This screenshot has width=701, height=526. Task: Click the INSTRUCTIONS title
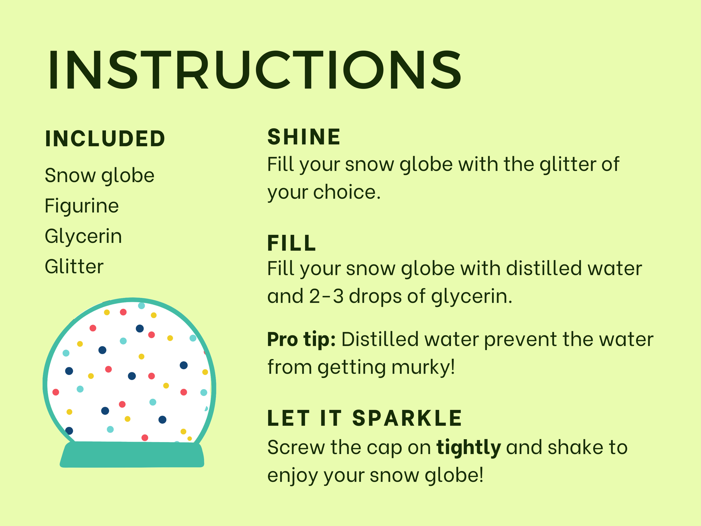[254, 70]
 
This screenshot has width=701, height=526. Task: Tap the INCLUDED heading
[105, 139]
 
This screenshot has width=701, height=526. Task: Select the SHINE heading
[304, 137]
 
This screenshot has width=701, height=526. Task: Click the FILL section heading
[291, 243]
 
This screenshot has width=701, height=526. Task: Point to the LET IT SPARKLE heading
[365, 418]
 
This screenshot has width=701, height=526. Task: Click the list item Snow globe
[99, 175]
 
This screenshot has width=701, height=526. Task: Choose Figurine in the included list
[82, 206]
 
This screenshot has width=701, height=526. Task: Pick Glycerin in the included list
[83, 236]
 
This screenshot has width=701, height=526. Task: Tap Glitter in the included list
[74, 267]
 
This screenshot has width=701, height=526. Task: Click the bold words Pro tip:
[302, 340]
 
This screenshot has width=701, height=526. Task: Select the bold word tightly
[468, 448]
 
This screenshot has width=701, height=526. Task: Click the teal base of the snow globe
[132, 455]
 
